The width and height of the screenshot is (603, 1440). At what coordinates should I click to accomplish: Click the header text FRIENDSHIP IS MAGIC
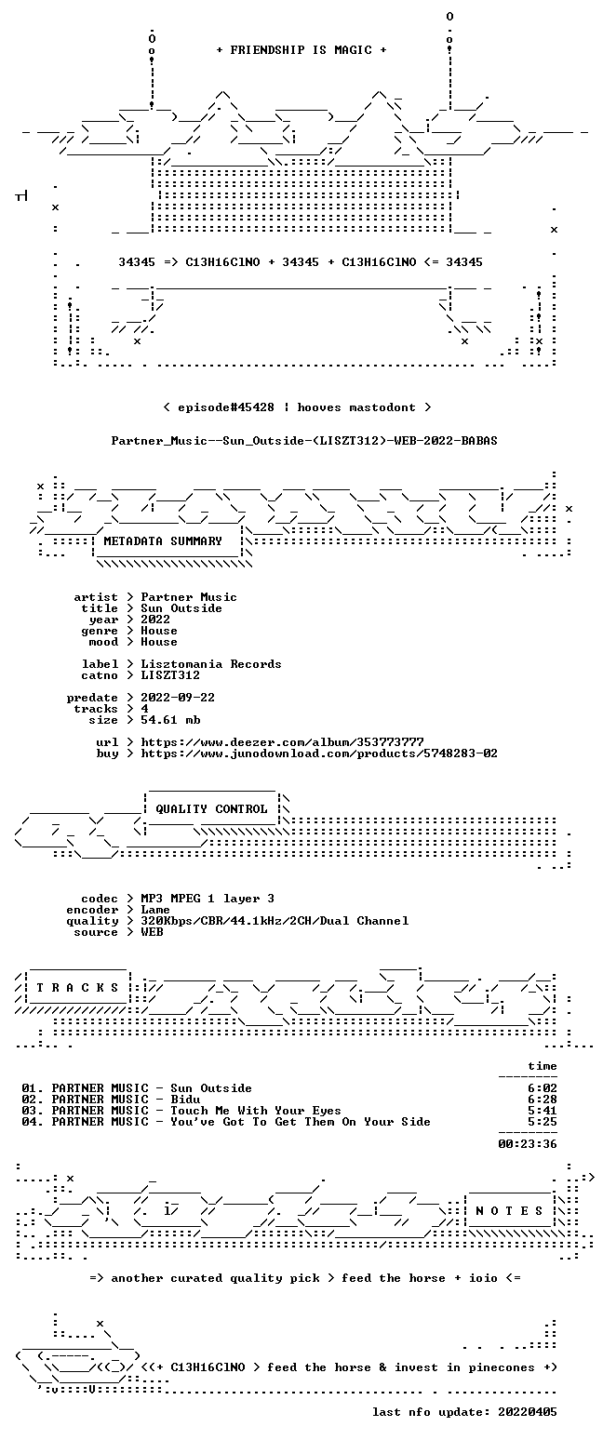[x=301, y=50]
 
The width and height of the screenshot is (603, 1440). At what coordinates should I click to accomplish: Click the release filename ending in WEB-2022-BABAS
[x=304, y=441]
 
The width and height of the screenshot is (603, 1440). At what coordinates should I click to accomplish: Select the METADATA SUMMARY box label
[x=163, y=541]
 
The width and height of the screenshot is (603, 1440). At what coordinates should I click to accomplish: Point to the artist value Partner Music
[x=189, y=597]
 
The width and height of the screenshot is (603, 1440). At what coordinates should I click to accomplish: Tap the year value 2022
[x=155, y=620]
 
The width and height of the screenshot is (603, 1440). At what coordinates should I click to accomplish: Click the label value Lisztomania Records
[x=211, y=664]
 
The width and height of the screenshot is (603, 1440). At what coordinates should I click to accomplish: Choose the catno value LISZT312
[x=170, y=675]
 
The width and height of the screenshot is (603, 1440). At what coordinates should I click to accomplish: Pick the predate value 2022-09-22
[x=178, y=698]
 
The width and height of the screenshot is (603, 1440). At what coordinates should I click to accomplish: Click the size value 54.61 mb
[x=170, y=720]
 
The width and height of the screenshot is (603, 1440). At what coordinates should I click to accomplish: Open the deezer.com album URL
[x=282, y=742]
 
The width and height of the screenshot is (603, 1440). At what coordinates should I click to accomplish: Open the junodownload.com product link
[x=319, y=753]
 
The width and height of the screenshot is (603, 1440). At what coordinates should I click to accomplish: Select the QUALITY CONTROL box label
[x=211, y=809]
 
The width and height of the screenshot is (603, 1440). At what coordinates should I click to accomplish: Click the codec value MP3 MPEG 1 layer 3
[x=208, y=899]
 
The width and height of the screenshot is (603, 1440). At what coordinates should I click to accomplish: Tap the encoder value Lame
[x=155, y=910]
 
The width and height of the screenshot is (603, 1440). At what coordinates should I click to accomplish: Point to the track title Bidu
[x=185, y=1100]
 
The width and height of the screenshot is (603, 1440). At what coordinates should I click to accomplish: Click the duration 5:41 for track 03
[x=542, y=1111]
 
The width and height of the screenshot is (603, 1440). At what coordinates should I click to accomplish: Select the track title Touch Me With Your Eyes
[x=256, y=1111]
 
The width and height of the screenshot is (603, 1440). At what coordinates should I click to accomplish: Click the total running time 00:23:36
[x=527, y=1144]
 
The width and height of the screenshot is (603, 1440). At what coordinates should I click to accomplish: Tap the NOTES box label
[x=509, y=1211]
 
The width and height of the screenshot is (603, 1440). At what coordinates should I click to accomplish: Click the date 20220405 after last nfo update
[x=527, y=1412]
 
